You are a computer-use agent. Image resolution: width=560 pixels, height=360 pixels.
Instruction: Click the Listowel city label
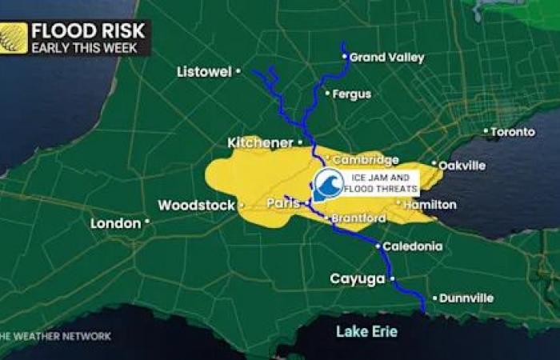point(204,72)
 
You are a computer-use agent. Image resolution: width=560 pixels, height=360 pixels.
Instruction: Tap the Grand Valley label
point(387,58)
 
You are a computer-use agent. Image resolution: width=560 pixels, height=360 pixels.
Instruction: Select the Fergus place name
point(352,94)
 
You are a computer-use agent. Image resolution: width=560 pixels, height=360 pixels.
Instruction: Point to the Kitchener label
point(260,143)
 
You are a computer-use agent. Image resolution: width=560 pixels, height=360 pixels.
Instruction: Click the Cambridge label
point(366,160)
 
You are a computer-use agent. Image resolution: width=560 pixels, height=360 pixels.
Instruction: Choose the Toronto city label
point(513,131)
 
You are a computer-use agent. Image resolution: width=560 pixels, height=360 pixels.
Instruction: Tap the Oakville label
point(462,166)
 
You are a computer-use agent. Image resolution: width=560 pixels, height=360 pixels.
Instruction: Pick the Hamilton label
point(430,205)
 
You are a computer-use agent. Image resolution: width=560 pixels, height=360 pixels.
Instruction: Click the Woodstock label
point(196,206)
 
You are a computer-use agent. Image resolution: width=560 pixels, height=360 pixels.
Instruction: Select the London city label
point(115,223)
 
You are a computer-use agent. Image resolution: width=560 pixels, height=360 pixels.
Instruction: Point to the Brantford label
point(358,218)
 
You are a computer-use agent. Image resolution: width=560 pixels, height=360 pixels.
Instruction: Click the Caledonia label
point(412,246)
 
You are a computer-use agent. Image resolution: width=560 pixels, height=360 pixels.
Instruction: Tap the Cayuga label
point(358,278)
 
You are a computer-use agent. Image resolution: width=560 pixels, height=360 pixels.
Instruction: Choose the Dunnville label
point(467,298)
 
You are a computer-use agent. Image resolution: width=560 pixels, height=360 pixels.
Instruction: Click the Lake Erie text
point(366,331)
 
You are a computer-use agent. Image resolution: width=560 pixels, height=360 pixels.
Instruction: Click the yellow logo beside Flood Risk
point(14,38)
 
